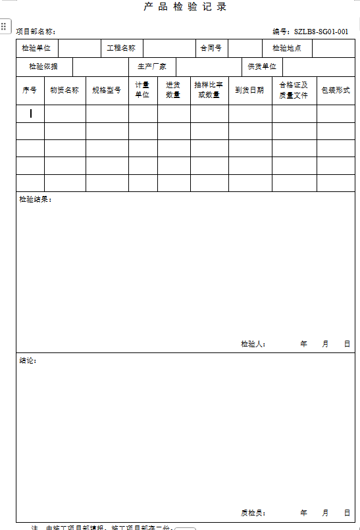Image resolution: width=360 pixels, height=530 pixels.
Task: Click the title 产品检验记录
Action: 185,7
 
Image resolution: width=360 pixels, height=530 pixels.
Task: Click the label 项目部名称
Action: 36,32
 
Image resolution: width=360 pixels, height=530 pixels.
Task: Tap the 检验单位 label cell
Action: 36,48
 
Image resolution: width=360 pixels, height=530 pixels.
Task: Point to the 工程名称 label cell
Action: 121,48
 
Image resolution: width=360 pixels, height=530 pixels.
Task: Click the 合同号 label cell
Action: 211,48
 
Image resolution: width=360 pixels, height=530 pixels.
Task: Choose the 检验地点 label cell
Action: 287,48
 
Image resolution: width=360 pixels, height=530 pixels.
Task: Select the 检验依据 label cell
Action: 43,67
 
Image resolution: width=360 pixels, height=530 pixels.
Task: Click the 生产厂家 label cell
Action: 152,67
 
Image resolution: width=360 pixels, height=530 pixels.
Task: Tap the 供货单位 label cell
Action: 262,67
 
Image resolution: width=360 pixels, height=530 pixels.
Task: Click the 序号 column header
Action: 30,90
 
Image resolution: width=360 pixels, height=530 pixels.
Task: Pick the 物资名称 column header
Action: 64,90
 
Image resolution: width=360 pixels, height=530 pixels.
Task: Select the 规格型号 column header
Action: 107,90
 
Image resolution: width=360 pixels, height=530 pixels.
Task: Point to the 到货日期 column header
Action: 250,90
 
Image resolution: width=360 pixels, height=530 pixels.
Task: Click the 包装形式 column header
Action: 336,90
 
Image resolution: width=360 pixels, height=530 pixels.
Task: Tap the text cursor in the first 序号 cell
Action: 30,114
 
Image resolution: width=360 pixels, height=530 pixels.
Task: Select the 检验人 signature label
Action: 253,344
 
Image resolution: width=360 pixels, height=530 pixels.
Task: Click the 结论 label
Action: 28,360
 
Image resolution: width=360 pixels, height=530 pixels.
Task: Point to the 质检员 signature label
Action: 253,513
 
